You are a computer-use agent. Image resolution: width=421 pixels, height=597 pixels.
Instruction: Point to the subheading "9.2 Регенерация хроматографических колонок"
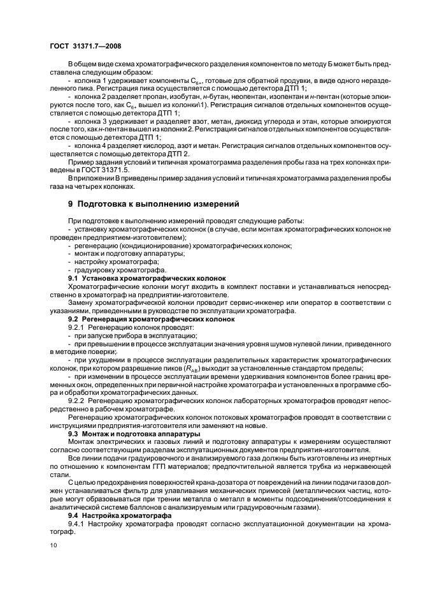tap(151, 318)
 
